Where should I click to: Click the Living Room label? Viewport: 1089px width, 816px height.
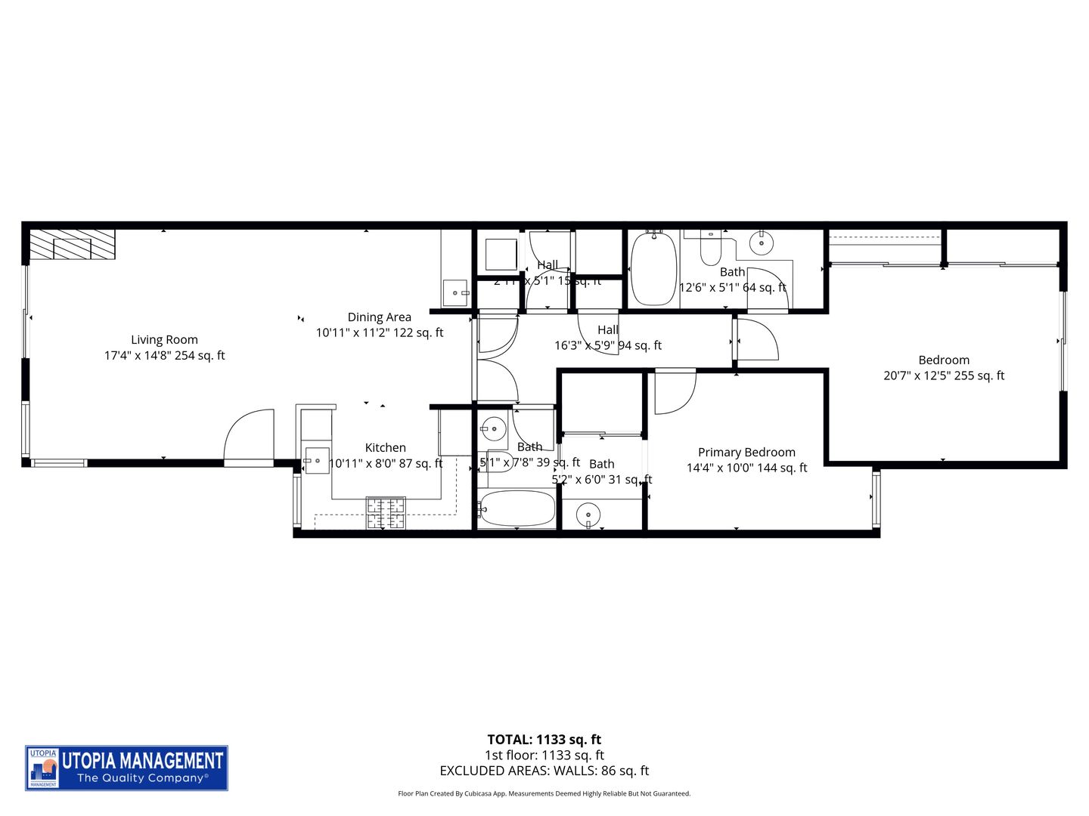(164, 340)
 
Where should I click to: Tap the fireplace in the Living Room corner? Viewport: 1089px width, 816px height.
(72, 246)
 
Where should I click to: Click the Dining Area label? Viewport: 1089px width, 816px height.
(379, 317)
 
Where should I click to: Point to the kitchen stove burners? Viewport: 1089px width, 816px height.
(386, 512)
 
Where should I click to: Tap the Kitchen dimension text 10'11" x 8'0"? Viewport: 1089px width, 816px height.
(386, 464)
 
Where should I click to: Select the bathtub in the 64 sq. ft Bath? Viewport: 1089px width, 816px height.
(653, 269)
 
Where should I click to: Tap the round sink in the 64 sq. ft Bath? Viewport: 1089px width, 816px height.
(761, 243)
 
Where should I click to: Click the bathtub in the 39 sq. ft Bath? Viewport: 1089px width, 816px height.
(517, 509)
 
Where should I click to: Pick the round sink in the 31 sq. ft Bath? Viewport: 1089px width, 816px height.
(589, 517)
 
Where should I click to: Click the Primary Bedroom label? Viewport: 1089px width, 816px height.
(746, 453)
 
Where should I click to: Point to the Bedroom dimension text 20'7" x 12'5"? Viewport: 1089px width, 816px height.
(944, 376)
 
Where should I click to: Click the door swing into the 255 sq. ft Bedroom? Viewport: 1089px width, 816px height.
(758, 340)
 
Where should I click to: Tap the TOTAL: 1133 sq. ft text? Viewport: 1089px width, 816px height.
(544, 740)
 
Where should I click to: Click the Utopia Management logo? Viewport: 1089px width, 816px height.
(127, 768)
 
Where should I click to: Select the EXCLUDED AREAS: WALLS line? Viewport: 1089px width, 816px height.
(544, 771)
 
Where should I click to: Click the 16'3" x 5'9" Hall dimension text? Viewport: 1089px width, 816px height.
(607, 346)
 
